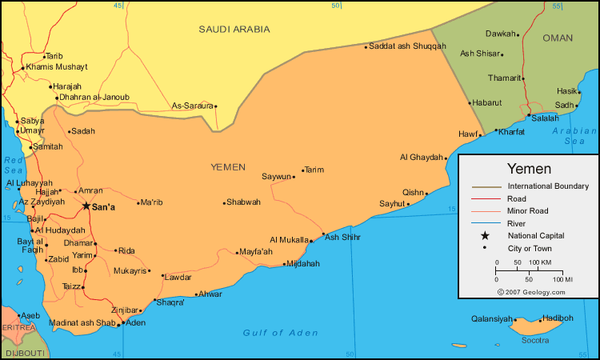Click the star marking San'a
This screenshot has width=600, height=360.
86,206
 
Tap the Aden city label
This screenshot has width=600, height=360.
136,322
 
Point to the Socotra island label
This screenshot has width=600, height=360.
535,341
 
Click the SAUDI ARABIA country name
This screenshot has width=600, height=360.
234,29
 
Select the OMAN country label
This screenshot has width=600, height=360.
558,38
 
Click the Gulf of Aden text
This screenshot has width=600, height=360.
280,333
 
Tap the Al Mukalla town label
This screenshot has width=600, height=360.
289,239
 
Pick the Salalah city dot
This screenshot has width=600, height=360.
528,117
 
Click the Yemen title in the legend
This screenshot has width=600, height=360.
529,170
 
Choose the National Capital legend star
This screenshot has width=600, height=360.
484,236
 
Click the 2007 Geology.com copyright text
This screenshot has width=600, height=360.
531,292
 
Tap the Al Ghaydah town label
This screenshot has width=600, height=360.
421,157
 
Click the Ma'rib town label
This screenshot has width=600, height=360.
151,202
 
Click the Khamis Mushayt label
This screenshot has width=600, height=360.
57,66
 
